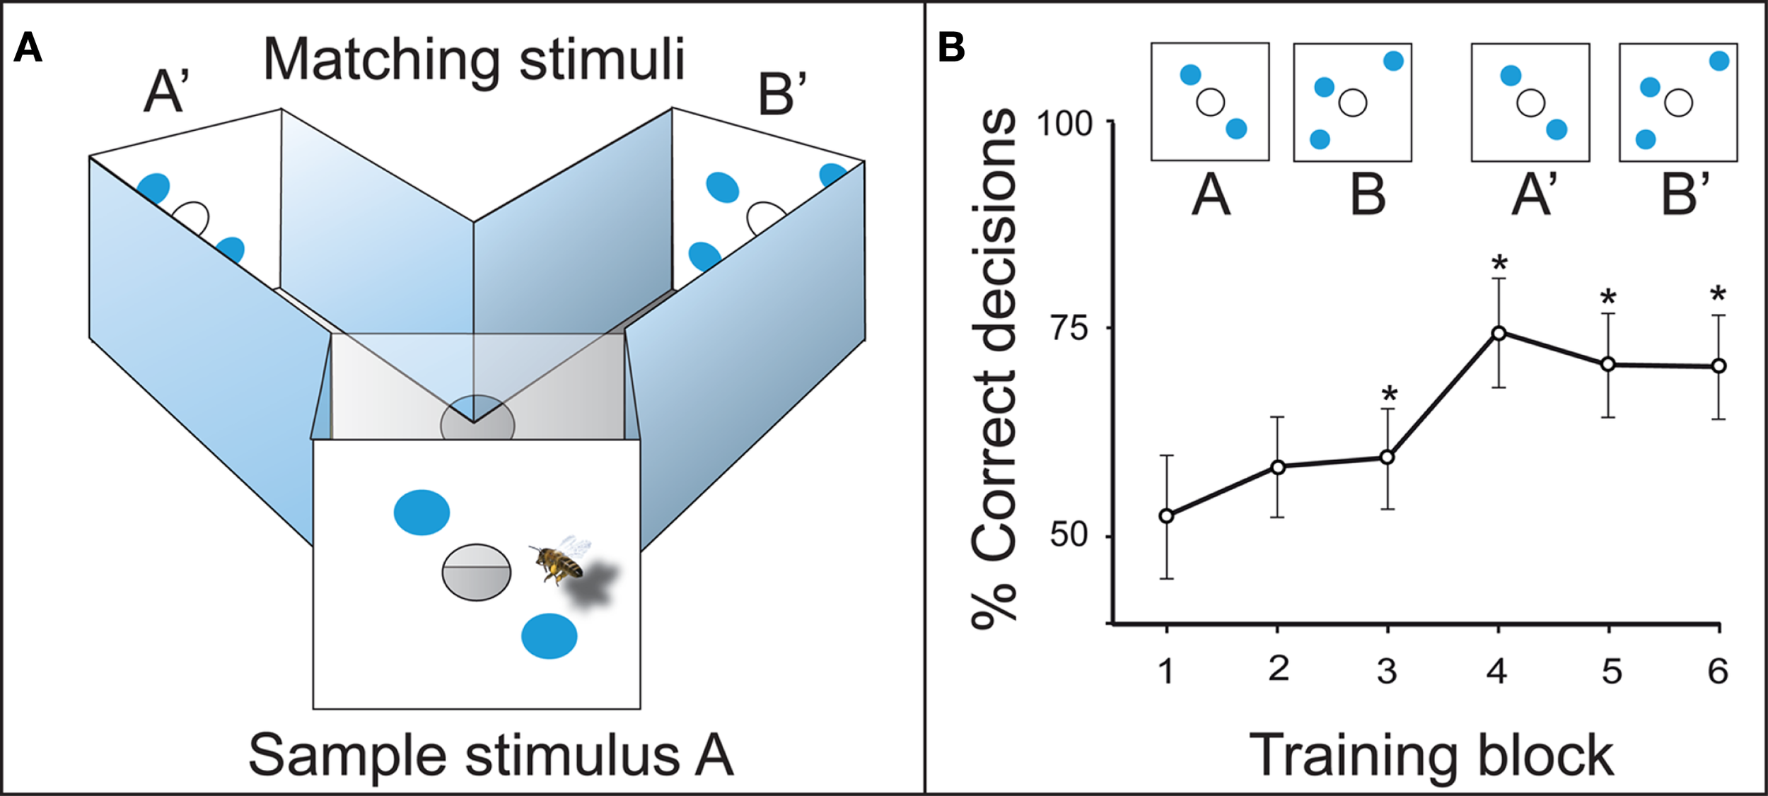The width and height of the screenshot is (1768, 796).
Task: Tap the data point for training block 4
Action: (1499, 334)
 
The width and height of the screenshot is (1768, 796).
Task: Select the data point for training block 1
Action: (1167, 516)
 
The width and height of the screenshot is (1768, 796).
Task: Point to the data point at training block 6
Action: (1718, 366)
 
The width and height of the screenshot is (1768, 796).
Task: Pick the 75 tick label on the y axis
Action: (1070, 328)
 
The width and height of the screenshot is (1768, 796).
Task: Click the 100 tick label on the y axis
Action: (1064, 124)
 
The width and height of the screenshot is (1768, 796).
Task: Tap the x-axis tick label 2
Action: (1279, 669)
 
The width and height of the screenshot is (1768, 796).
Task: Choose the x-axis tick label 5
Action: (1612, 671)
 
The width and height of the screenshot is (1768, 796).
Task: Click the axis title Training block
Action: (1432, 756)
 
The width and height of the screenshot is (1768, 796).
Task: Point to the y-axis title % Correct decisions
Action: (994, 368)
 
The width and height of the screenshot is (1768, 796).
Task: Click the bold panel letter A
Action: (28, 48)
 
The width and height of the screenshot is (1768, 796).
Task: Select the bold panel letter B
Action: (951, 47)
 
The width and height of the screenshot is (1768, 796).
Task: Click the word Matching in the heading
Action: (382, 62)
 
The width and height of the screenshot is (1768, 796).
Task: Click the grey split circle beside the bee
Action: (476, 573)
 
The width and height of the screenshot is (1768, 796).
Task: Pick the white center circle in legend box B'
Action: (1679, 103)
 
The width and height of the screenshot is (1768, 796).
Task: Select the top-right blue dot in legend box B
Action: (1393, 62)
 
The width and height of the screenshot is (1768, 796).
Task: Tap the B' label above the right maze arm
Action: (781, 95)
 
